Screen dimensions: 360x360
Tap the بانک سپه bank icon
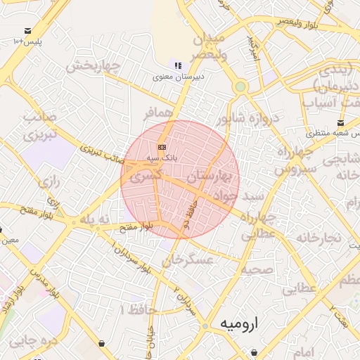[162, 147]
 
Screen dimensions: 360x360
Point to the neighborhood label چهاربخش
[94, 66]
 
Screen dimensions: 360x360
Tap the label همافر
[157, 113]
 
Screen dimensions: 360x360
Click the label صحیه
[257, 269]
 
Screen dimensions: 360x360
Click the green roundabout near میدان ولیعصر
[241, 86]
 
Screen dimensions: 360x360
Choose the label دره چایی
[32, 342]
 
